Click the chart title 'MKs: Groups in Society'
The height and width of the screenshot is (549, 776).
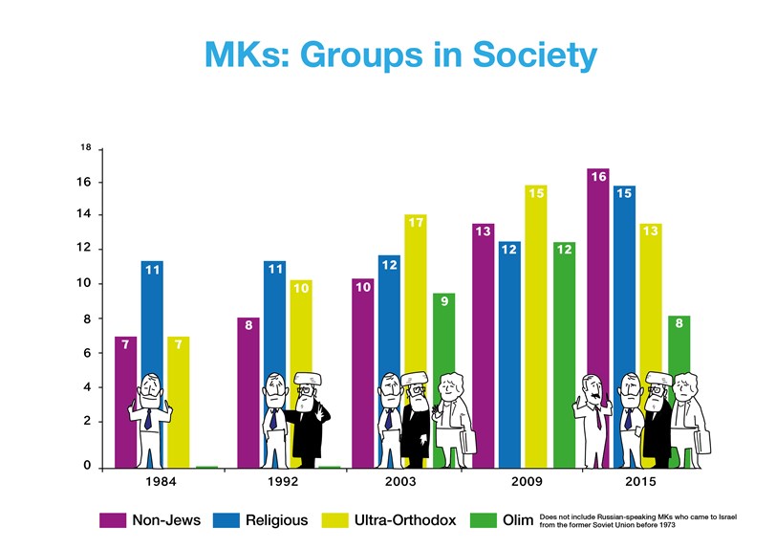tap(399, 54)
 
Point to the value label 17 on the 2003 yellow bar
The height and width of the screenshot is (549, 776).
tap(415, 223)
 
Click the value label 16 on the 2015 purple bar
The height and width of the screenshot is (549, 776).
tap(598, 177)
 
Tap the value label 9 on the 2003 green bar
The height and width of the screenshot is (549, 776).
tap(443, 301)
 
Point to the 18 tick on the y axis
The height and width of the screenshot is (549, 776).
tap(85, 148)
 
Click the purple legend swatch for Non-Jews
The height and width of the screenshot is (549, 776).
tap(113, 520)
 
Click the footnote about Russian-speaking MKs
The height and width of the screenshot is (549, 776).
tap(636, 520)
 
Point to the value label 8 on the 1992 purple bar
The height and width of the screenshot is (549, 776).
tap(248, 326)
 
